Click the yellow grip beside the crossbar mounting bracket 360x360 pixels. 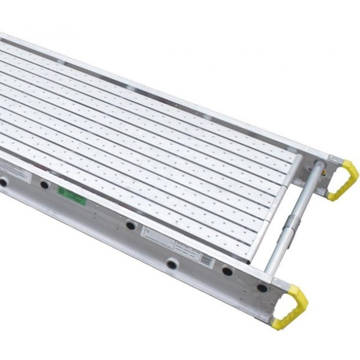344,179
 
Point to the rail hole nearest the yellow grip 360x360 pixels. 262,288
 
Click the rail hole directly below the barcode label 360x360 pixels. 172,263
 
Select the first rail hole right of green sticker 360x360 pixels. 130,226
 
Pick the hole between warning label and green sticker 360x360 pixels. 44,185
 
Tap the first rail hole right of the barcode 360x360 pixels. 227,271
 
